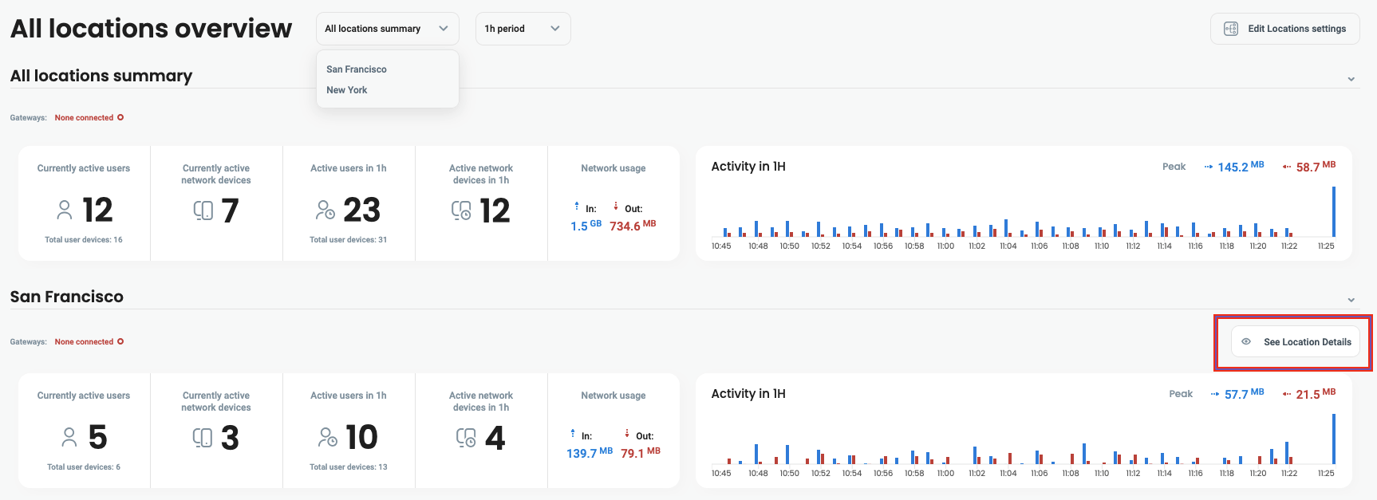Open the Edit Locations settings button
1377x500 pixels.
[x=1284, y=29]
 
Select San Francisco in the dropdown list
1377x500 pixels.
[x=357, y=69]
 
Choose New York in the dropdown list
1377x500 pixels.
[x=347, y=90]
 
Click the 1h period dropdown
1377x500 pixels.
[x=523, y=29]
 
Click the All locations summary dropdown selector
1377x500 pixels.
[x=387, y=29]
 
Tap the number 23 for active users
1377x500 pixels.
[x=361, y=211]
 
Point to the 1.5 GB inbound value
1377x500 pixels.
[x=586, y=226]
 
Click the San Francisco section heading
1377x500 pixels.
[x=67, y=297]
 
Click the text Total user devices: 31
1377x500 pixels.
[x=349, y=240]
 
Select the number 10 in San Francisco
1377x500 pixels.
[x=361, y=438]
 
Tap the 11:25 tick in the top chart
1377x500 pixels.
[x=1326, y=246]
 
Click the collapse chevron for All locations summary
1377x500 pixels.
[x=1351, y=79]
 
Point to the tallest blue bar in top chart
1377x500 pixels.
[x=1333, y=211]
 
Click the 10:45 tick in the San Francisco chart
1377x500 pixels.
[x=721, y=474]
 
